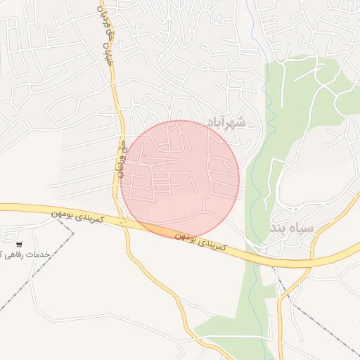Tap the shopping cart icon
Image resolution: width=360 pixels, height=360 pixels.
(x=18, y=244)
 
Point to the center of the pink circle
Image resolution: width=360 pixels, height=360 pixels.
(x=179, y=179)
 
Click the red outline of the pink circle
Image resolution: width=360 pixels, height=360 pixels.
(x=239, y=179)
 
